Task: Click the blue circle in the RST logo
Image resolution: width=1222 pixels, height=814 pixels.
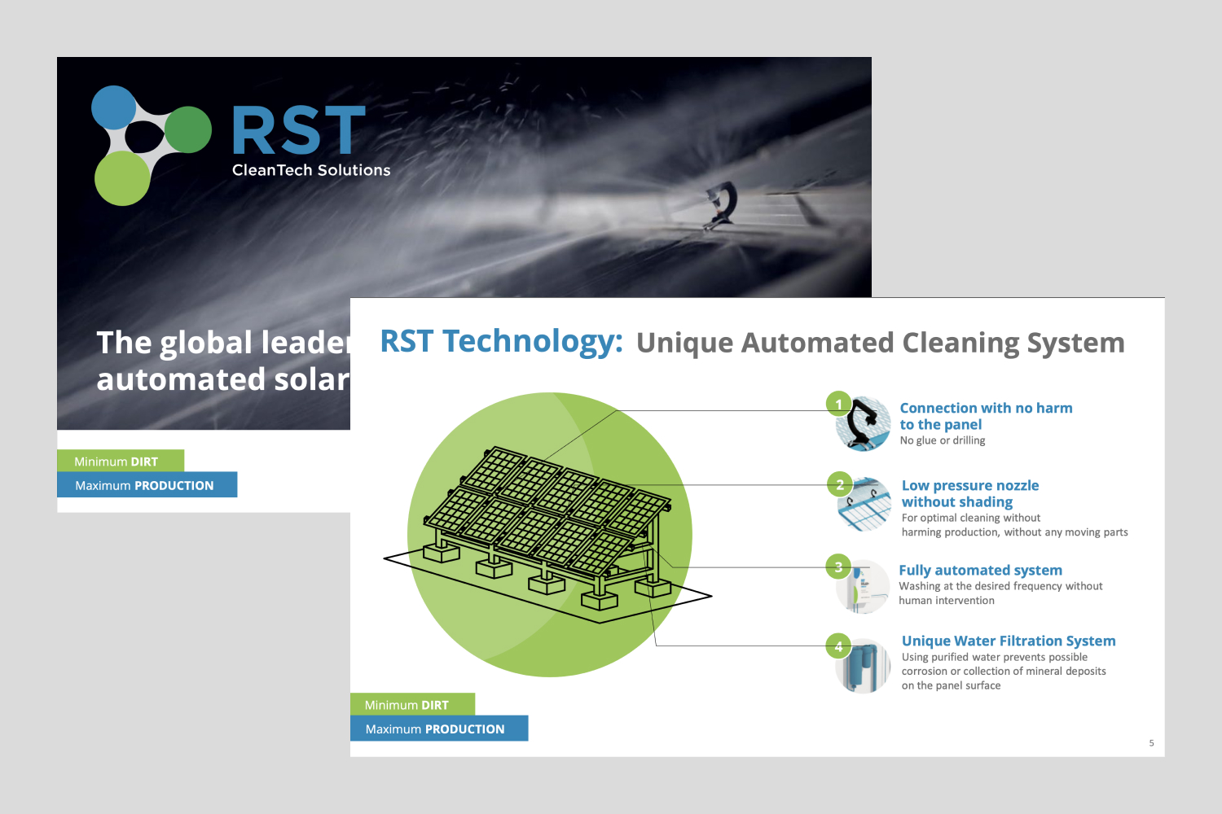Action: [114, 107]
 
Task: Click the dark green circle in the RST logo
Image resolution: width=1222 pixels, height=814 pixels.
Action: [188, 129]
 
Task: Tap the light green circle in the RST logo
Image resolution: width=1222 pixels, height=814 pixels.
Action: [122, 178]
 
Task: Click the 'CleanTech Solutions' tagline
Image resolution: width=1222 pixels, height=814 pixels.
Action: [311, 170]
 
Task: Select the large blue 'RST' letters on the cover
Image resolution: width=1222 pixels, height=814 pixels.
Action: [299, 130]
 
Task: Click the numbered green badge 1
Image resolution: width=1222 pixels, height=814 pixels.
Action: [838, 404]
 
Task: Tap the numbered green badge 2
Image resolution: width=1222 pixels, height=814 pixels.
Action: [840, 485]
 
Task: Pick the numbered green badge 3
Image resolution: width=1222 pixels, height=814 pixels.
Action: [837, 567]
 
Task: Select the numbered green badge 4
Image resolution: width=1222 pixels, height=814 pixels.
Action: [838, 646]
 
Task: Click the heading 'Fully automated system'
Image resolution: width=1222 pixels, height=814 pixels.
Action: [980, 570]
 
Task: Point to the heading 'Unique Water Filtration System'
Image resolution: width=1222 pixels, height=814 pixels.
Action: [1008, 641]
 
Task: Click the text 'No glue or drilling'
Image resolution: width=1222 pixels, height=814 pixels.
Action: [942, 440]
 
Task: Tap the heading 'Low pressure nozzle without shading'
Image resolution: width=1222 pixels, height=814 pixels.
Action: [969, 493]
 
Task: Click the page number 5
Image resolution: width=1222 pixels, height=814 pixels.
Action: [1151, 743]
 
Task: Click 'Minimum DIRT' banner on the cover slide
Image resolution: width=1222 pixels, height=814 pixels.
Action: [120, 461]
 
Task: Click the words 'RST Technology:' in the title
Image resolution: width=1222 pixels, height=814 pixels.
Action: [501, 341]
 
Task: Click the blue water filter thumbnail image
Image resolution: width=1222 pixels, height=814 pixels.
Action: [863, 666]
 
